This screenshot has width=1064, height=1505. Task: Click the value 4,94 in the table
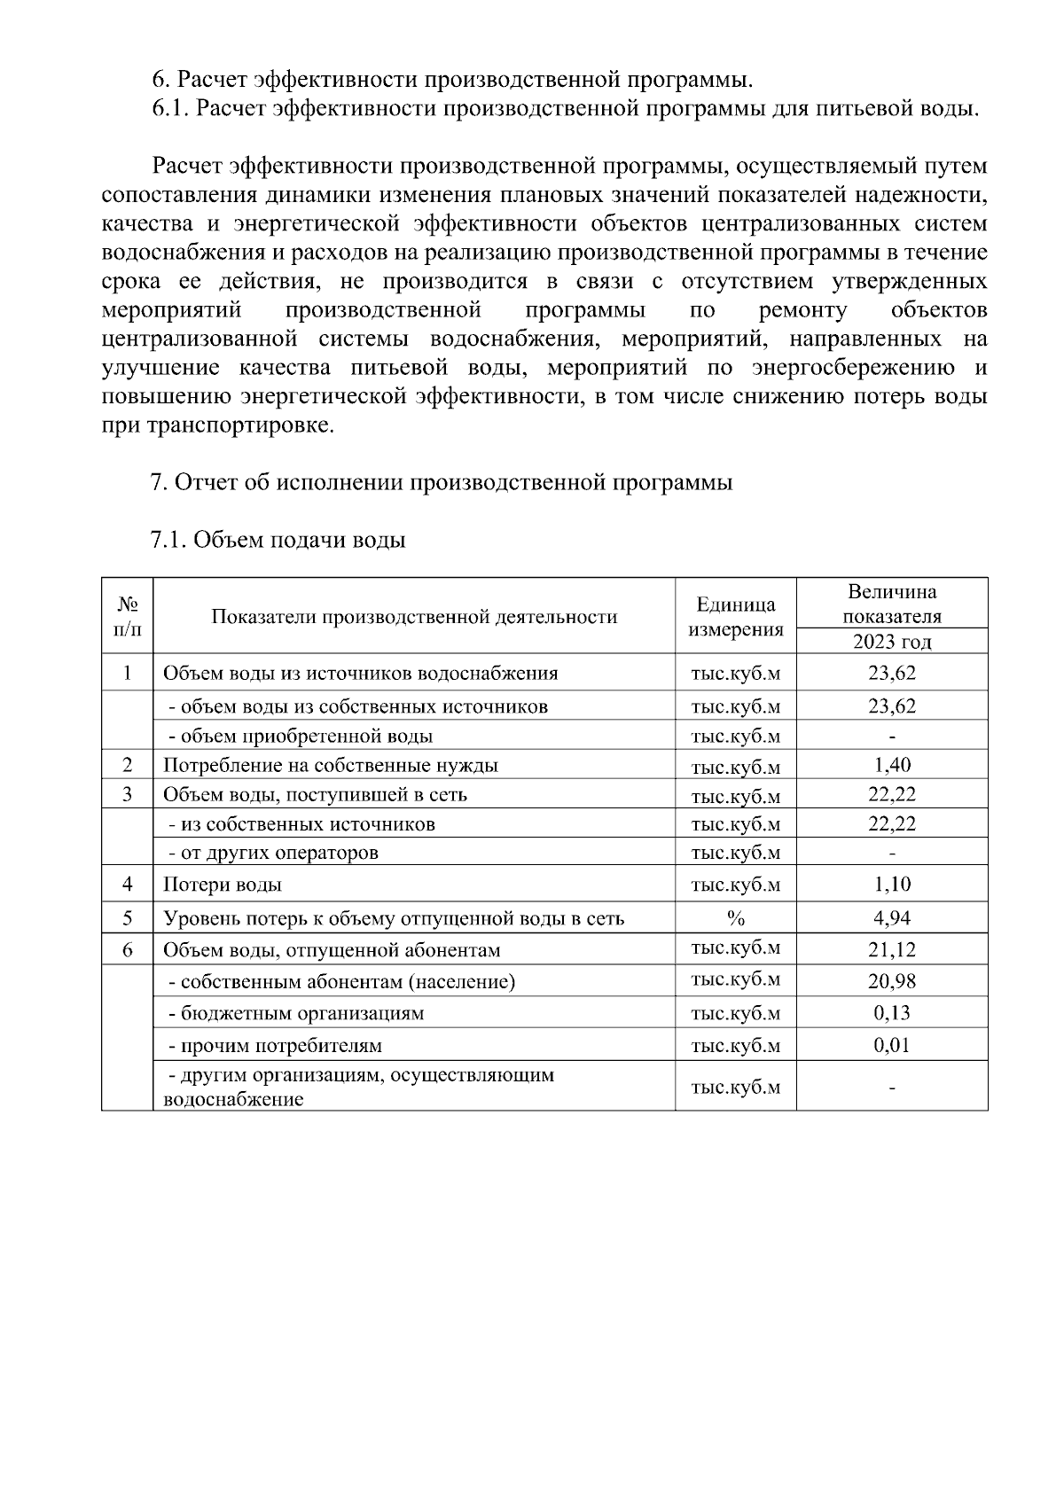[x=891, y=918]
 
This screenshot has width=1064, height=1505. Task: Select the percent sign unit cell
[x=735, y=918]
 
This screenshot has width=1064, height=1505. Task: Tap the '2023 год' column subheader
[x=891, y=642]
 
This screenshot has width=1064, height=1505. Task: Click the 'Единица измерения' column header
[x=735, y=617]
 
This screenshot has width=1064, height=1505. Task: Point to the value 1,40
[x=891, y=765]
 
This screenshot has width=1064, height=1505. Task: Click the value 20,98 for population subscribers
[x=891, y=981]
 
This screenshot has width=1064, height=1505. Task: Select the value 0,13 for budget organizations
[x=891, y=1013]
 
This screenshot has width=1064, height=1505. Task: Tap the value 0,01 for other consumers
[x=891, y=1045]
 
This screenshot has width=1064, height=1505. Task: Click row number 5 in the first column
[x=128, y=918]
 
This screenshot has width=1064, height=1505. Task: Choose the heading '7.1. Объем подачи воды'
[x=278, y=540]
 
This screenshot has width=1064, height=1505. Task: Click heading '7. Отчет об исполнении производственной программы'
[x=442, y=483]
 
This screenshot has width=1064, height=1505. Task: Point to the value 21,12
[x=891, y=950]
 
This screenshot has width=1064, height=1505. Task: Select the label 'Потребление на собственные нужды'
[x=330, y=765]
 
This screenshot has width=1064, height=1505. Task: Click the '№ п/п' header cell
[x=128, y=617]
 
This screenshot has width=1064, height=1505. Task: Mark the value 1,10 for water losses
[x=891, y=885]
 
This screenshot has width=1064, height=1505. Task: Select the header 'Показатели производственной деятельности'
[x=414, y=617]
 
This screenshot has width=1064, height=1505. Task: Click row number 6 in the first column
[x=128, y=950]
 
